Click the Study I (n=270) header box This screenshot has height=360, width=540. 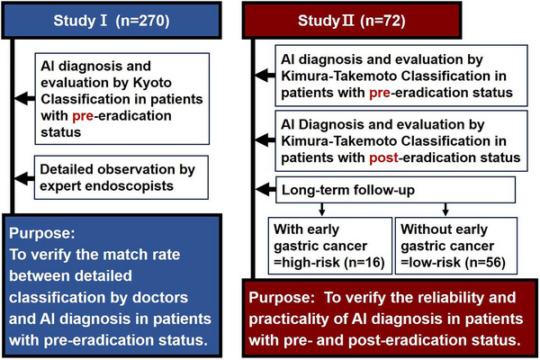click(112, 20)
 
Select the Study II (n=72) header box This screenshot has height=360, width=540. click(352, 20)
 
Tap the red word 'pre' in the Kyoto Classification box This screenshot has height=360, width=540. click(83, 116)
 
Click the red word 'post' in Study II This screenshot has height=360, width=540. click(383, 157)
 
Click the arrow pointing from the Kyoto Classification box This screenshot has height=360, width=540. click(25, 99)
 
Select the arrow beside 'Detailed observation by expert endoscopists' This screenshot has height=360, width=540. click(24, 178)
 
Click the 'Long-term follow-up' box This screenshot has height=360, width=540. click(395, 190)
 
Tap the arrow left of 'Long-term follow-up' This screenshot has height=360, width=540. click(265, 189)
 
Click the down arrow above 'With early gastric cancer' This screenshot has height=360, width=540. click(321, 210)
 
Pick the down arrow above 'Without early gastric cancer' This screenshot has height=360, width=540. click(445, 210)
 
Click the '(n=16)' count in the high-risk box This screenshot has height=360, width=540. click(364, 263)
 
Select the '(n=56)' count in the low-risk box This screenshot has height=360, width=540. click(485, 263)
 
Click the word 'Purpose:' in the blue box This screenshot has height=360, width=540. click(42, 233)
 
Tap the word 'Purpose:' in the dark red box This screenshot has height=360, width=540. click(282, 298)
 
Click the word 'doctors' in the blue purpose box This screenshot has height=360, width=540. click(160, 298)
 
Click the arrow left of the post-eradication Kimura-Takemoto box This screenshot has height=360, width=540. click(265, 140)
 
